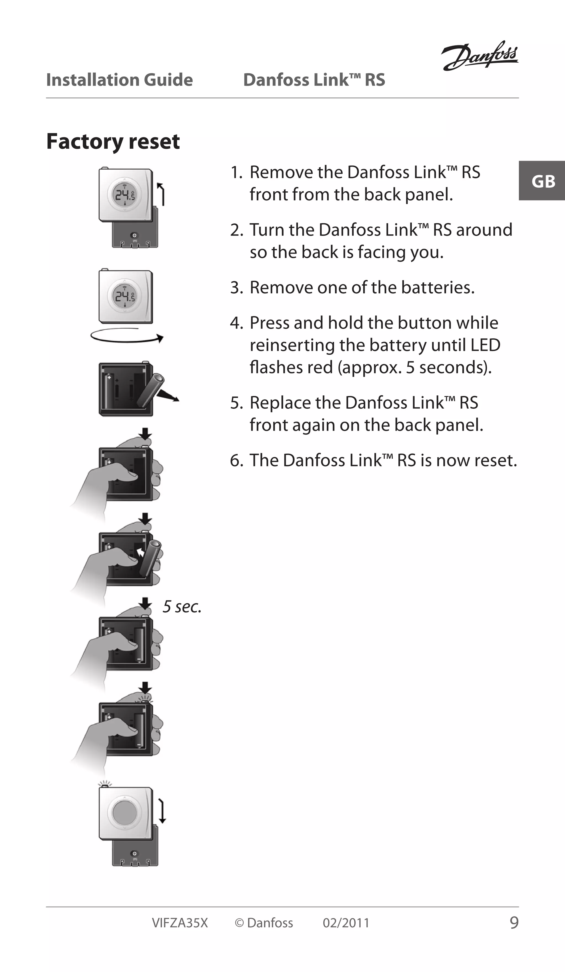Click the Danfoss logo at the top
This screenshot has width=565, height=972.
pyautogui.click(x=480, y=56)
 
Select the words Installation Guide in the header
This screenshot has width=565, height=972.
pyautogui.click(x=119, y=80)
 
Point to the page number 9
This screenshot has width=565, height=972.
pyautogui.click(x=514, y=923)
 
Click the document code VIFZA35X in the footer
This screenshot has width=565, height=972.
pyautogui.click(x=180, y=923)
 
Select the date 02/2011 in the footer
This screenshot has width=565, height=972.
pyautogui.click(x=346, y=923)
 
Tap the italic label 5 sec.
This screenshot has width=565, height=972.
pyautogui.click(x=182, y=607)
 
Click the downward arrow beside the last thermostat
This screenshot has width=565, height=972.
pyautogui.click(x=162, y=812)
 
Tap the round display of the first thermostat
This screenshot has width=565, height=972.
pyautogui.click(x=124, y=194)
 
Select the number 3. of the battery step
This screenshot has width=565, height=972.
pyautogui.click(x=236, y=287)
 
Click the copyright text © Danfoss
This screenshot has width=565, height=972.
pyautogui.click(x=264, y=923)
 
